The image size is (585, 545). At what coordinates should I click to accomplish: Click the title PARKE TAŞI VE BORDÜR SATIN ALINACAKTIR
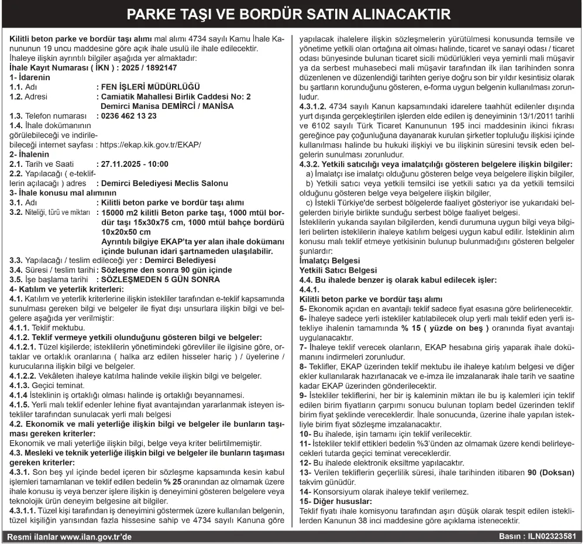coord(292,13)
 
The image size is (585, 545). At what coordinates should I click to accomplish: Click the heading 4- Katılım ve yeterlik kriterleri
coord(67,289)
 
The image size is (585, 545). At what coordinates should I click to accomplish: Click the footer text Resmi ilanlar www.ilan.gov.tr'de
coord(69,536)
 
